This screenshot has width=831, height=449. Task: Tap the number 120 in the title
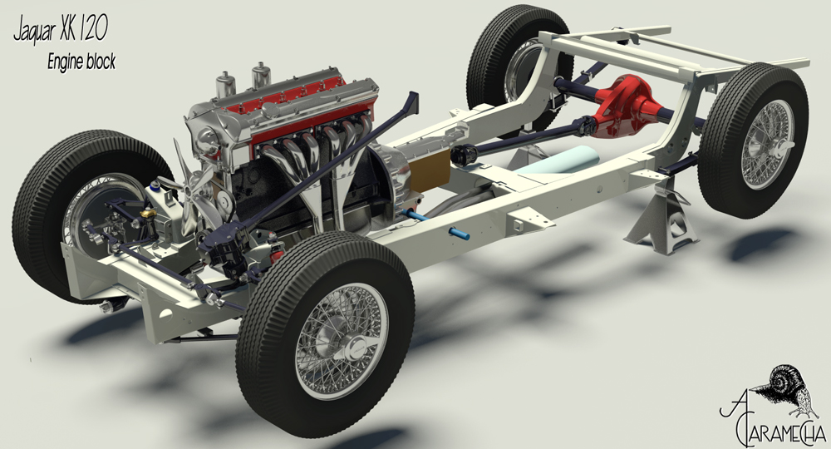(x=94, y=30)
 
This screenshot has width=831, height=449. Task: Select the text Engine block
(x=81, y=62)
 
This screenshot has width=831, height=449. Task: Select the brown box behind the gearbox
(x=430, y=170)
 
